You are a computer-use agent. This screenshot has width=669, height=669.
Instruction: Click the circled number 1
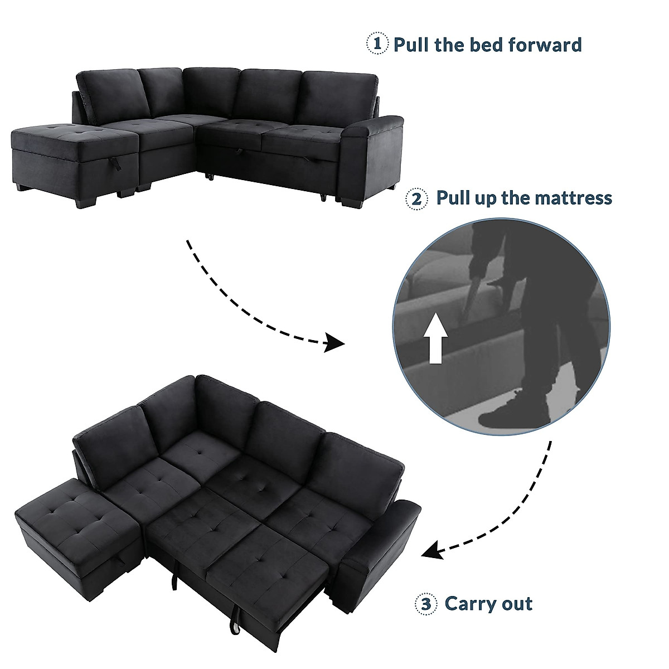[377, 44]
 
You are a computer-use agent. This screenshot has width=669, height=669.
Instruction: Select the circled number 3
[425, 604]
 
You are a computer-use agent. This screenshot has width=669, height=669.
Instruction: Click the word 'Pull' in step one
[411, 44]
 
